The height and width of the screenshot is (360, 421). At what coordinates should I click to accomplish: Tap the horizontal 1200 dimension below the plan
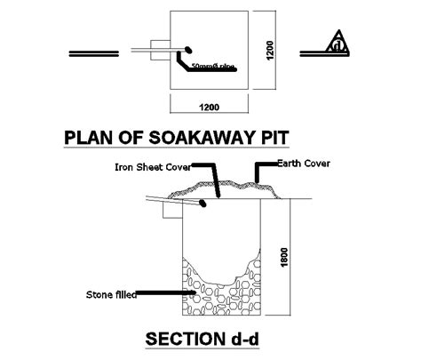208,107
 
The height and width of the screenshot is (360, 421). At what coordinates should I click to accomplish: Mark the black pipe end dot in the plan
187,47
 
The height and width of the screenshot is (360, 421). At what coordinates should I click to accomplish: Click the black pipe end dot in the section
204,203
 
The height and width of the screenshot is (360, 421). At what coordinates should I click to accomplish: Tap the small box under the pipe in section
171,212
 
